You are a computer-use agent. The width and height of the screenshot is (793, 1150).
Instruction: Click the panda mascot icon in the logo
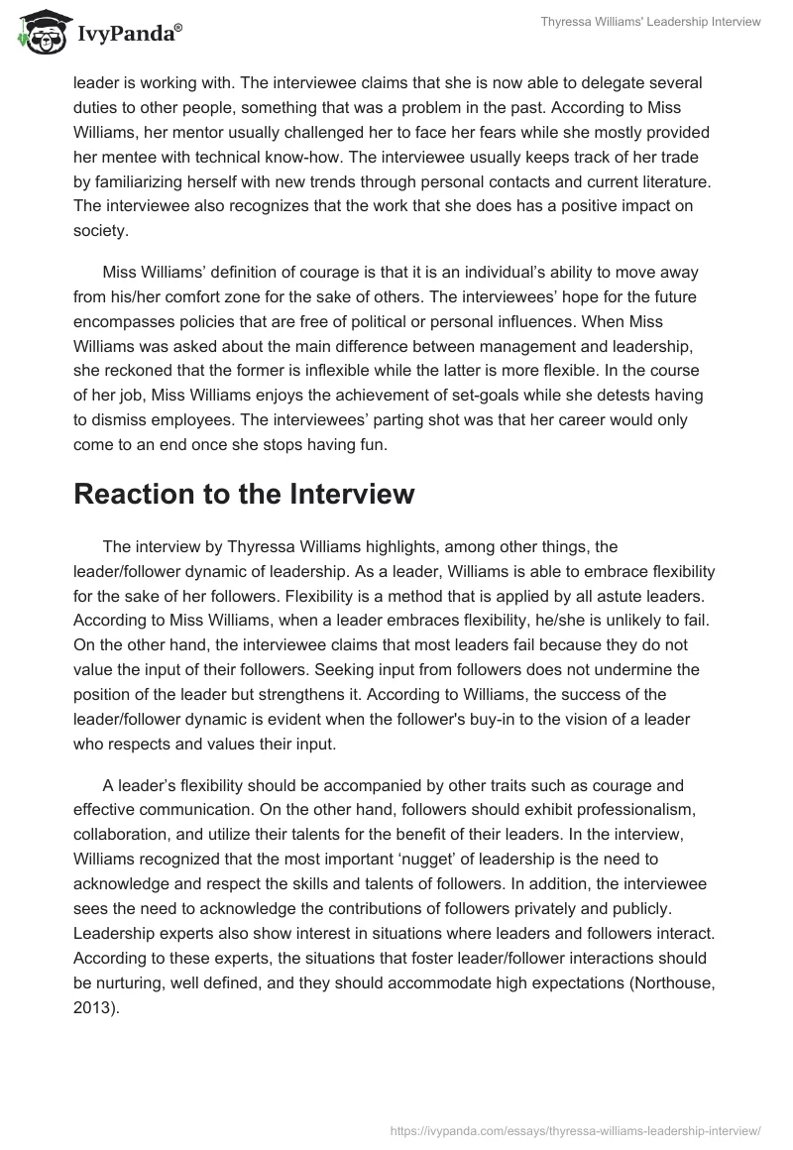pyautogui.click(x=38, y=32)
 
